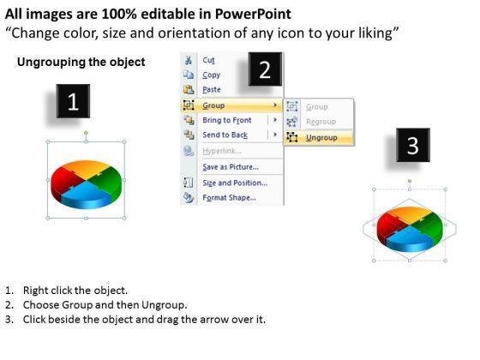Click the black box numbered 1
tap(73, 103)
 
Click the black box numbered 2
tap(265, 71)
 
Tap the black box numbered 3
tap(412, 147)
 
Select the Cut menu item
tap(208, 59)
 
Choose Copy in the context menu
tap(211, 75)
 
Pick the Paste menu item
tap(212, 89)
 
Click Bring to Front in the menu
tap(226, 120)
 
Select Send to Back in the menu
tap(225, 135)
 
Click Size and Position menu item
tap(233, 183)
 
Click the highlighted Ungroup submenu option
tap(321, 137)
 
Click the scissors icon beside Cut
tap(188, 59)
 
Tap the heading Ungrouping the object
tap(81, 62)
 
